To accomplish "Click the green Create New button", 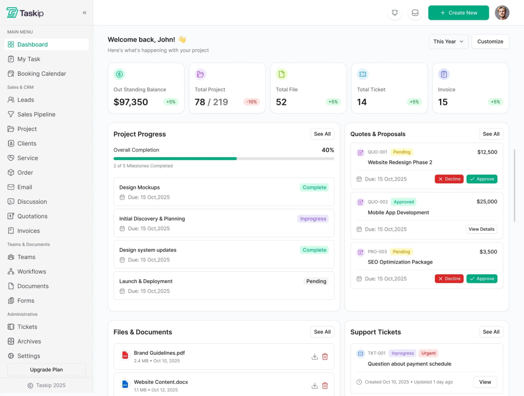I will coord(458,13).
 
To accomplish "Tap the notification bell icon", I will coord(395,13).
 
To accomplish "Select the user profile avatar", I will coord(502,13).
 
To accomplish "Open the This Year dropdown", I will coord(448,41).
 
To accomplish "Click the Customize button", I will coord(490,41).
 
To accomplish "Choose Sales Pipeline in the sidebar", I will coord(36,115).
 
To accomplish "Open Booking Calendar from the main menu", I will coord(41,74).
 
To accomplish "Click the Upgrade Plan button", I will coord(47,369).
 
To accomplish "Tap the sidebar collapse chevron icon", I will coord(84,13).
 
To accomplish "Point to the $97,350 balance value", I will coord(130,102).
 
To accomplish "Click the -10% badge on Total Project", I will coord(251,102).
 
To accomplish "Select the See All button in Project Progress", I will coord(322,134).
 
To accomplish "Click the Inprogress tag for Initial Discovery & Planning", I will coord(313,218).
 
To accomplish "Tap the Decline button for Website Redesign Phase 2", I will coord(449,179).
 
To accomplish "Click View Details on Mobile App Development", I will coord(482,229).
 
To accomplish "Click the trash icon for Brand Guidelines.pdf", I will coord(325,357).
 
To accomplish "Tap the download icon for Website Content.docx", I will coord(315,386).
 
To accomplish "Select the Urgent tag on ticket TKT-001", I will coord(429,353).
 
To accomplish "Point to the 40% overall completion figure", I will coord(327,150).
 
